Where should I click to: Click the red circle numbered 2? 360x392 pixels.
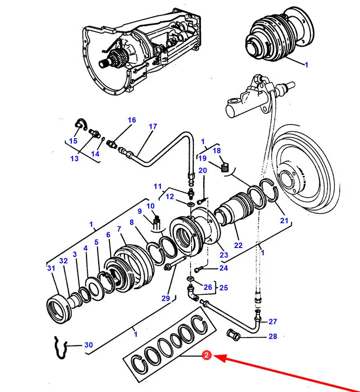point(206,355)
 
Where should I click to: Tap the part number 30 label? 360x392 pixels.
point(89,345)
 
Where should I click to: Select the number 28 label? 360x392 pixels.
point(273,336)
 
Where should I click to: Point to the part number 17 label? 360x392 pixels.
point(153,126)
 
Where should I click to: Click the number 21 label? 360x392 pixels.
point(284,221)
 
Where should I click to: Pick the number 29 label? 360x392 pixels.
point(166,298)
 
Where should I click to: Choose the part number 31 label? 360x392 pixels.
point(51,268)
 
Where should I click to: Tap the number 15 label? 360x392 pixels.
point(73,141)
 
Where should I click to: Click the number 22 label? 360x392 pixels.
point(238,245)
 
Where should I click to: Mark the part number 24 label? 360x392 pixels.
point(223,268)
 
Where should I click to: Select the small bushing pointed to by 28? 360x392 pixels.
point(233,334)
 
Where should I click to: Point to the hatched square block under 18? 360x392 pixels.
point(225,167)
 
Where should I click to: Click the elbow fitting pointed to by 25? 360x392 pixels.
point(193,293)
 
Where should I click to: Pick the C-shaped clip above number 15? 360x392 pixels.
point(82,124)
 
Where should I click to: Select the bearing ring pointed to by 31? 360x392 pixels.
point(59,310)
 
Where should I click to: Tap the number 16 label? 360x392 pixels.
point(132,120)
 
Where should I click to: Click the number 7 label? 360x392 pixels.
point(119,229)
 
